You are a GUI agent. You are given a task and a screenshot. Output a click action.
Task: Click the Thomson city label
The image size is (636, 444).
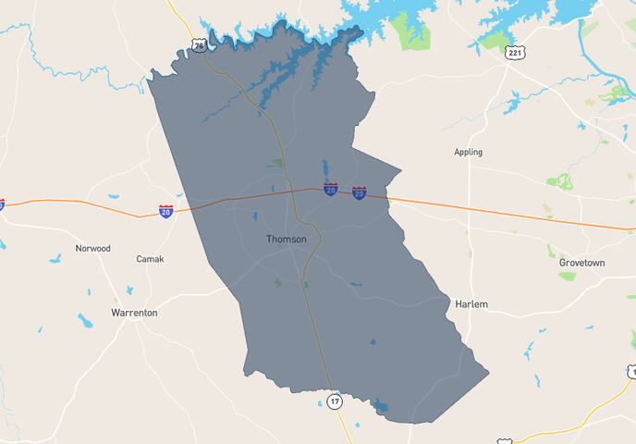[x=287, y=239]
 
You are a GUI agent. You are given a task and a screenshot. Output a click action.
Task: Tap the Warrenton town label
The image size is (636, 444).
[x=134, y=313]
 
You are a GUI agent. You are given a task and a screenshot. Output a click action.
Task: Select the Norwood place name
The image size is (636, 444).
[x=93, y=248]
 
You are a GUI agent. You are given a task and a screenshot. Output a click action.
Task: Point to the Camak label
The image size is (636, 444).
[x=150, y=259]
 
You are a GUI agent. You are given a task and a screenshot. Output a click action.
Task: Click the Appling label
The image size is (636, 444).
[x=468, y=152]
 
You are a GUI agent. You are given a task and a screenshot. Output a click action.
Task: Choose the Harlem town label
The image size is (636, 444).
[x=471, y=303]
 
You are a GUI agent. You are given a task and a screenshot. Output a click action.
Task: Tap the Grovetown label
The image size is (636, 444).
[x=581, y=263]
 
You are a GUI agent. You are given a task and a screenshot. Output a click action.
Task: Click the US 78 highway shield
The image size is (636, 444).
[x=200, y=44]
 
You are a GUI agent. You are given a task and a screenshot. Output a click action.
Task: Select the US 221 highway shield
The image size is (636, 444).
[x=515, y=54]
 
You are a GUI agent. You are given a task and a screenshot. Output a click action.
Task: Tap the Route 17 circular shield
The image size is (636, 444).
[x=335, y=401]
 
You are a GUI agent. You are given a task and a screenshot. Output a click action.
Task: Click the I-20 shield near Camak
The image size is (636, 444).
[x=165, y=212]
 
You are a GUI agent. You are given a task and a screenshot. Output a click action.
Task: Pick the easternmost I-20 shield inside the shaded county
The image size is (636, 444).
[x=360, y=192]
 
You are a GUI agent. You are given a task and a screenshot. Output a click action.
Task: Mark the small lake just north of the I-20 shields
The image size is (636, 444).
[x=325, y=170]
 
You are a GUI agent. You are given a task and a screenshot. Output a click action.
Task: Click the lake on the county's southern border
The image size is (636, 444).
[x=380, y=406]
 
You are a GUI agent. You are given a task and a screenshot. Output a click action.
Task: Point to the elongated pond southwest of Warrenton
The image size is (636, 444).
[x=85, y=321]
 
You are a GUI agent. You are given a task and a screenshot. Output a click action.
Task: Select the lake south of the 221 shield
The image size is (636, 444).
[x=512, y=103]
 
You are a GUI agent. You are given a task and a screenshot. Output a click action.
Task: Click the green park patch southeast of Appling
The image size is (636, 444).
[x=560, y=182]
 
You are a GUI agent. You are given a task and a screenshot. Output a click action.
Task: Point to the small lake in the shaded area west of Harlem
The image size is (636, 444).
[x=373, y=341]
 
